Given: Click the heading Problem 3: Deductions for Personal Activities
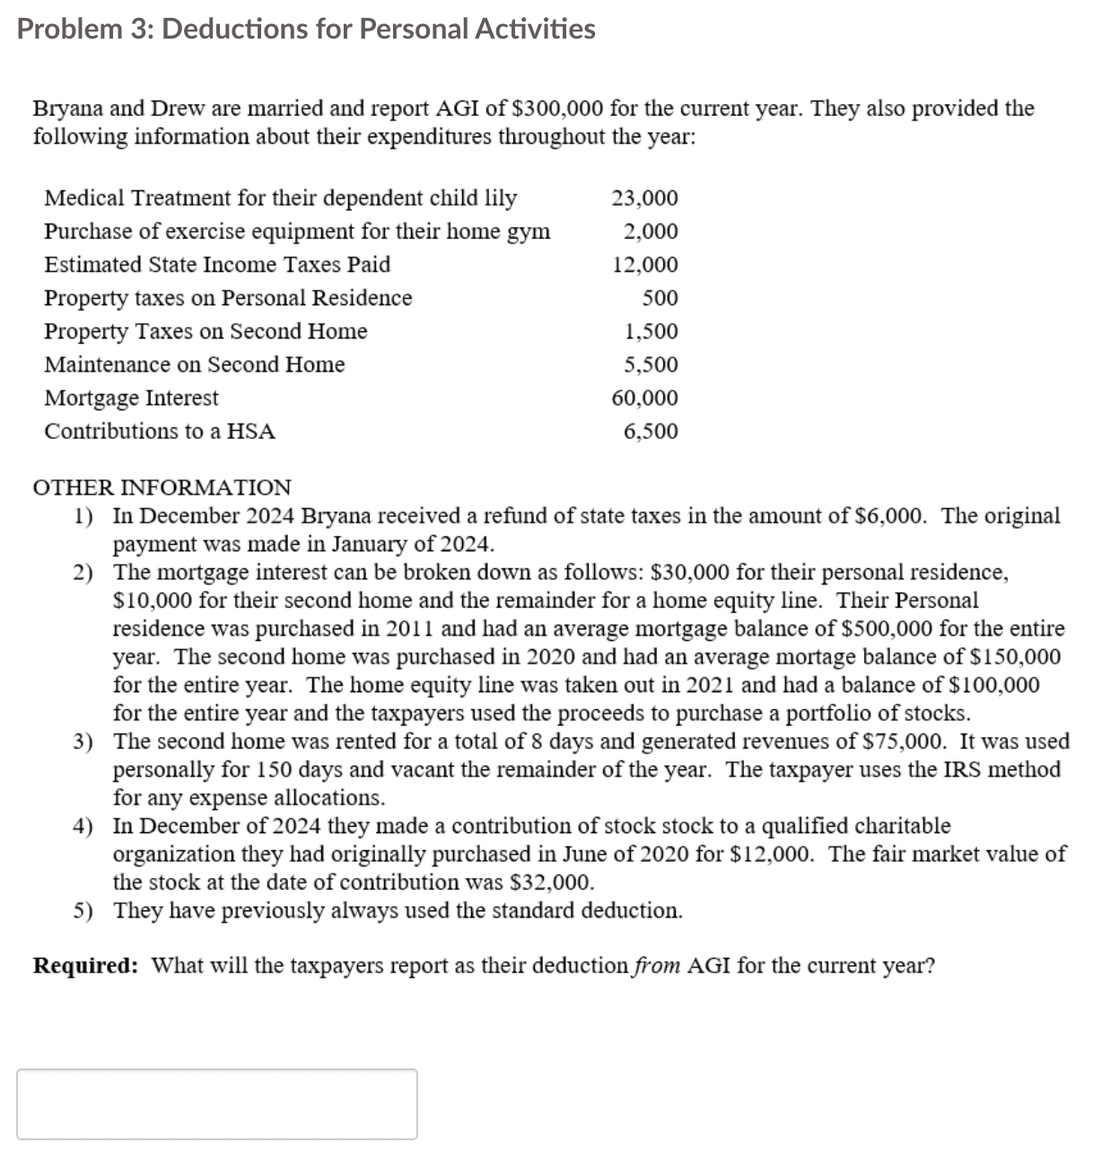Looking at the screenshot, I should coord(306,29).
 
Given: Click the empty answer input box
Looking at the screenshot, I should coord(216,1103).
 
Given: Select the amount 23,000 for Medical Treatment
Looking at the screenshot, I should coord(644,198).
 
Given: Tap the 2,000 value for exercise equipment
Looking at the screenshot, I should coord(651,232).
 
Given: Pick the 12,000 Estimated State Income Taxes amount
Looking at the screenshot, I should coord(644,265).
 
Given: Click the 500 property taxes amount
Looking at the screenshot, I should coord(660,298).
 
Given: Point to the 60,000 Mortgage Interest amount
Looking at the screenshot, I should coord(644,398).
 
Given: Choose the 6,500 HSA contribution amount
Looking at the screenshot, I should coord(651,431).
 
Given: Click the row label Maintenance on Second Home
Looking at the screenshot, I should coord(195,365).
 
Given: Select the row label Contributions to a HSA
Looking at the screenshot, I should coord(160,431).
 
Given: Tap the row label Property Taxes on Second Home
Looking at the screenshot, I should coord(205,331).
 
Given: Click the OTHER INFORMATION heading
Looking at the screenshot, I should coord(162,488).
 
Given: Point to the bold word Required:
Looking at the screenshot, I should coord(85,966).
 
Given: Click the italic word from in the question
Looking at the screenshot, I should coord(657,966).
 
